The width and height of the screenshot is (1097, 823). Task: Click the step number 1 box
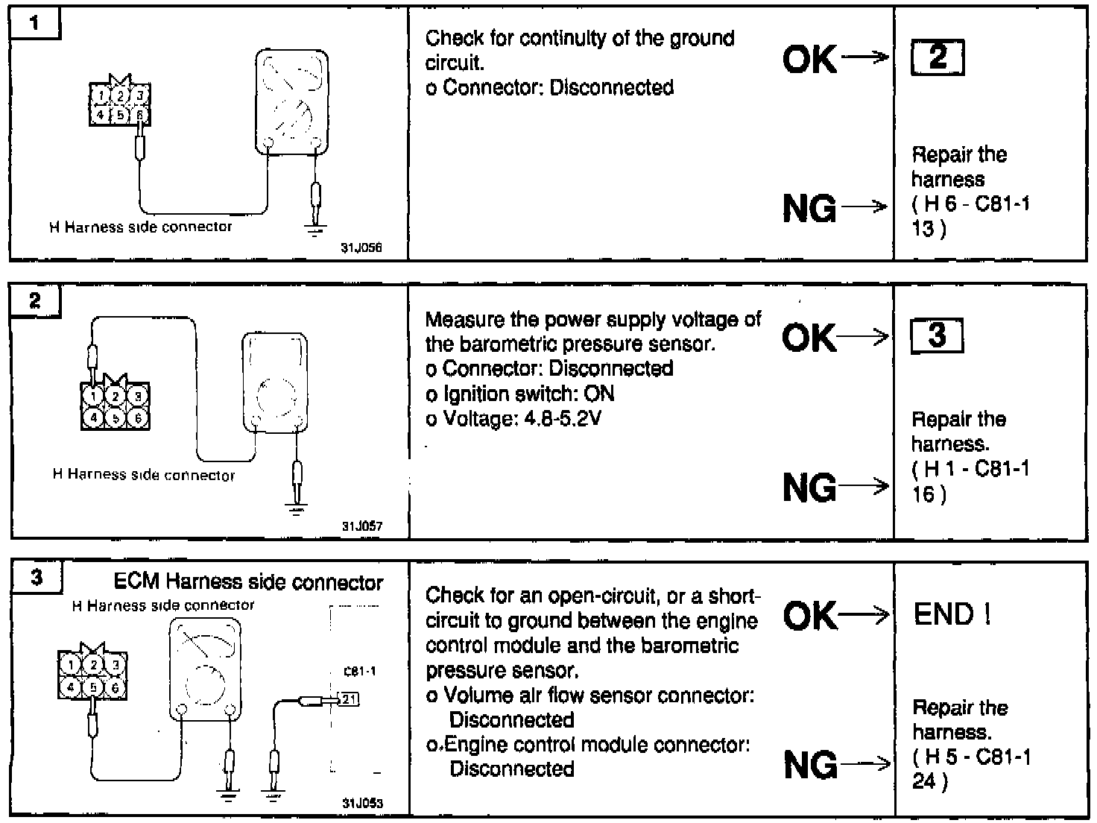click(34, 23)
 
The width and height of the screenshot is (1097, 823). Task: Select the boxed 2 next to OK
click(938, 57)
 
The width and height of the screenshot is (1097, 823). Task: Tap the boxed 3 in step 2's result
click(937, 335)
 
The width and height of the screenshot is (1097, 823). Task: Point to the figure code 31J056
click(361, 248)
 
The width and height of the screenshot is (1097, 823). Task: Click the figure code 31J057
click(362, 526)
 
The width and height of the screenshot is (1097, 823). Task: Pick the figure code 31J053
click(362, 804)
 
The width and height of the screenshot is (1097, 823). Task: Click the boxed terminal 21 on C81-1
click(349, 699)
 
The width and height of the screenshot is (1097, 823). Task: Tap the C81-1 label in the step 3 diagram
click(359, 671)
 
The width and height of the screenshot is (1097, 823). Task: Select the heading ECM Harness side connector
click(248, 581)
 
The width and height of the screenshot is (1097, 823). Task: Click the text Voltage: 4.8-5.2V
click(513, 418)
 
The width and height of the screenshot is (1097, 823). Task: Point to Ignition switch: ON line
click(519, 394)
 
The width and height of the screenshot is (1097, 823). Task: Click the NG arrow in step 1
click(864, 207)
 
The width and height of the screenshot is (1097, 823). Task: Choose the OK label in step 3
click(810, 615)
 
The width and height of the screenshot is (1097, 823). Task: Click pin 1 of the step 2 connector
click(94, 395)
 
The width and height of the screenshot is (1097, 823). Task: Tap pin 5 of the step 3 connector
click(93, 687)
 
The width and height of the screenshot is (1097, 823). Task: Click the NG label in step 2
click(809, 488)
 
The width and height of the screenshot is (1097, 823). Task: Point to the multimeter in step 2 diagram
click(274, 382)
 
